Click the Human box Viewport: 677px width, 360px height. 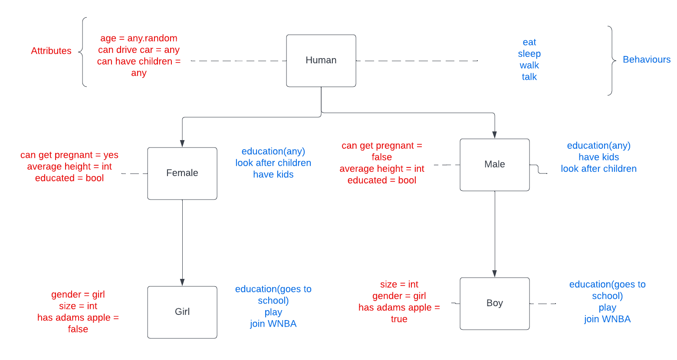pos(321,61)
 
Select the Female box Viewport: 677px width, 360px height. pos(182,173)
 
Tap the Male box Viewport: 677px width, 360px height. pos(494,164)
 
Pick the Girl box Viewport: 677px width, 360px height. pos(182,312)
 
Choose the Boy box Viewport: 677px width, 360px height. pos(494,303)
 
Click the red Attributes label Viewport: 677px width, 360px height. pos(51,51)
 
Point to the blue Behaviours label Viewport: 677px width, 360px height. pos(646,59)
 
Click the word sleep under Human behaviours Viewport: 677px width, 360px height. pos(529,54)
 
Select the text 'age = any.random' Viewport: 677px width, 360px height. pos(139,38)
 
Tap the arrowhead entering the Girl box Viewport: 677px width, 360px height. pos(182,282)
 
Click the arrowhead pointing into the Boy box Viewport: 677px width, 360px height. pos(495,274)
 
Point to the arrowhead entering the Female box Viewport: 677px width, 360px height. pos(182,144)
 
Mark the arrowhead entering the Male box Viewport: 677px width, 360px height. pos(495,135)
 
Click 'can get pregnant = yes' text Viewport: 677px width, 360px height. pos(69,155)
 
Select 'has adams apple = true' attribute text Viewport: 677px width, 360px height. pos(399,313)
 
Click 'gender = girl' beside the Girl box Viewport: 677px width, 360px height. pos(78,295)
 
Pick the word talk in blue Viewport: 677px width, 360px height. pos(529,77)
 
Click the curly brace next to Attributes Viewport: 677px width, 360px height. pos(83,52)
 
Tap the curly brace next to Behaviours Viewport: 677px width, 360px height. pos(611,60)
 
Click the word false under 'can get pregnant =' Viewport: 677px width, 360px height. pos(381,157)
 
